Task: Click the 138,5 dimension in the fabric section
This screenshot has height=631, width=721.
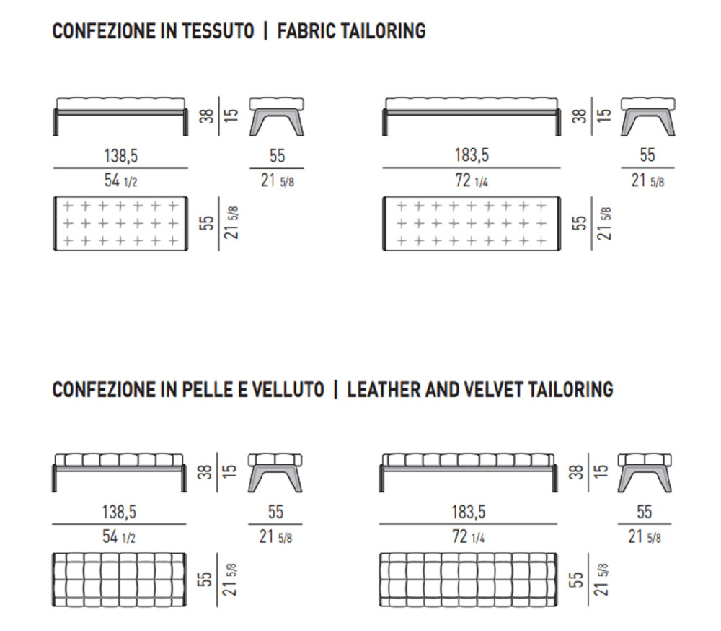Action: point(120,155)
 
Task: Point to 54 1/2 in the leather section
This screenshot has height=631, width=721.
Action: point(120,537)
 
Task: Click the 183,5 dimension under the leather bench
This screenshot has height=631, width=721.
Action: point(468,513)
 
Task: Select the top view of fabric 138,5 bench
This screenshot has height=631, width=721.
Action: point(120,223)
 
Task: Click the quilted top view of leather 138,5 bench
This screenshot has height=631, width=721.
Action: point(120,580)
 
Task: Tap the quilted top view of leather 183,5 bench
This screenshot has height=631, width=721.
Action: point(469,580)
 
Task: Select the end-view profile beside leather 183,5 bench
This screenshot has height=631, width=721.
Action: point(644,471)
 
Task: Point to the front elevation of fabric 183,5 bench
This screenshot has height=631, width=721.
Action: point(471,114)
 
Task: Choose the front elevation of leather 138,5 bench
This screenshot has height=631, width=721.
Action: point(120,469)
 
